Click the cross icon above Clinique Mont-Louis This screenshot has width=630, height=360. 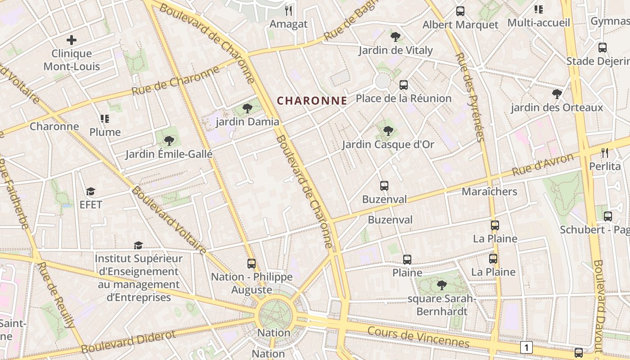(72, 40)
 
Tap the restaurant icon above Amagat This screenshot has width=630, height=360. (289, 10)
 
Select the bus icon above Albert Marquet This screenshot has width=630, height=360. (460, 11)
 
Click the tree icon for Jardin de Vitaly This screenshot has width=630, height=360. (396, 37)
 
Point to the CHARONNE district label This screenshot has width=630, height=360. (312, 101)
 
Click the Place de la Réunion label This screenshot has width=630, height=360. (403, 98)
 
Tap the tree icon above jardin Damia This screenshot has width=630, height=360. (247, 108)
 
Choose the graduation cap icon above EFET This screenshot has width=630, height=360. (91, 192)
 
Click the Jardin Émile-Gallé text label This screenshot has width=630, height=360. (169, 154)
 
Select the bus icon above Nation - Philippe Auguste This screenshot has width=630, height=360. (252, 263)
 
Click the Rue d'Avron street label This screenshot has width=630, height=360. (543, 166)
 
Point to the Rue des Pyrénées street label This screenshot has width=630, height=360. (470, 97)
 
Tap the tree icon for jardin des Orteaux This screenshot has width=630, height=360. (557, 94)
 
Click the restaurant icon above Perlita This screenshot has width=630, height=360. (605, 153)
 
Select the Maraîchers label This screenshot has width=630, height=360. (489, 192)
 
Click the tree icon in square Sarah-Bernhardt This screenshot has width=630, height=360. (441, 285)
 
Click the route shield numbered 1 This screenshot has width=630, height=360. (526, 347)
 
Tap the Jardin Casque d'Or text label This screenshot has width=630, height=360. (388, 144)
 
